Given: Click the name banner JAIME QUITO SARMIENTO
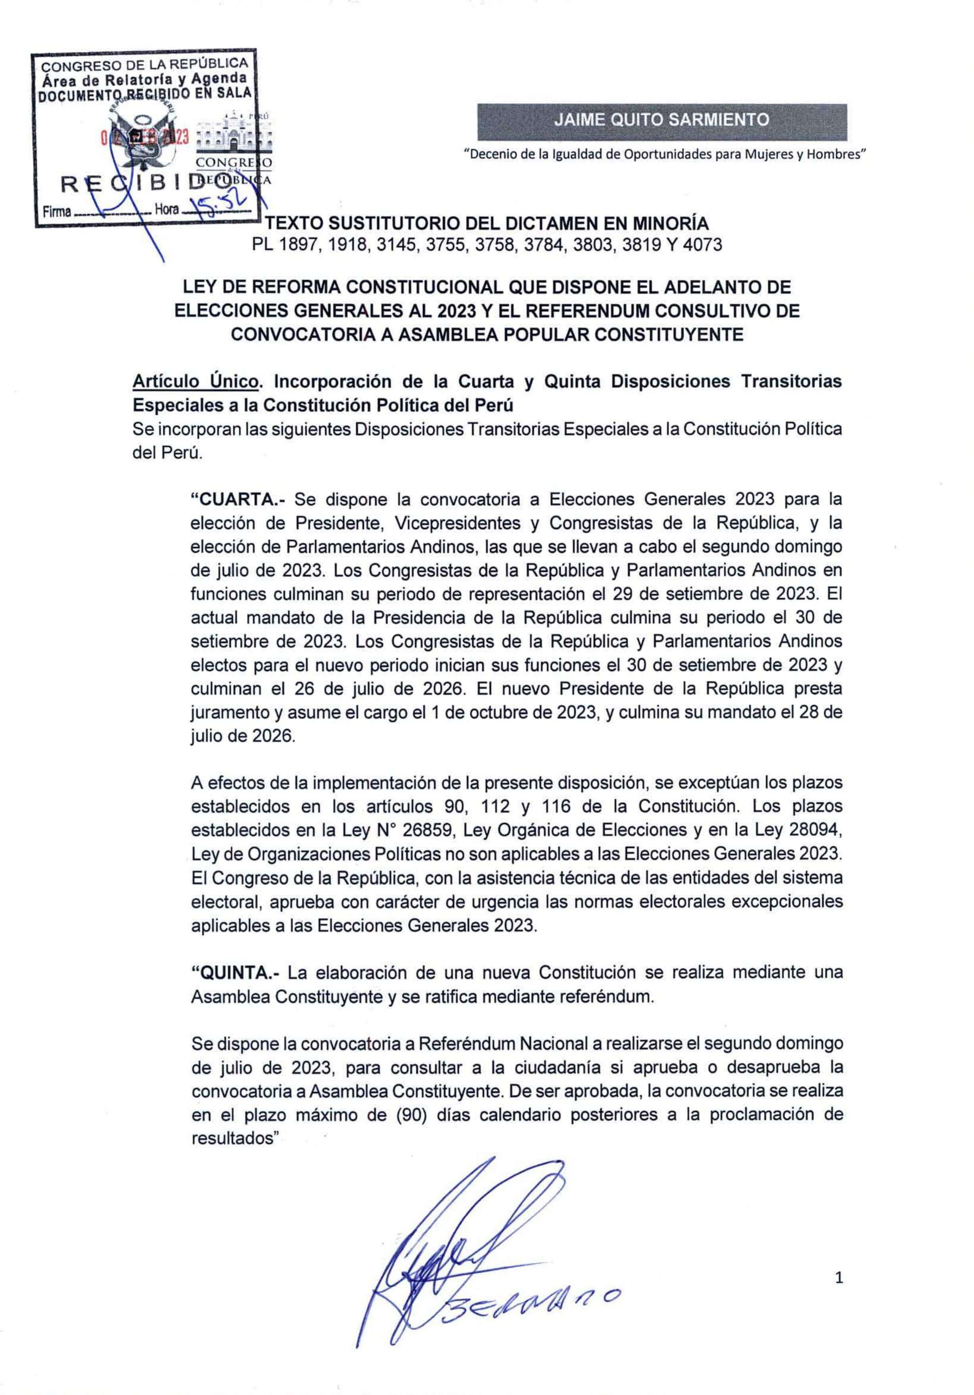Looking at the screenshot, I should coord(661,120).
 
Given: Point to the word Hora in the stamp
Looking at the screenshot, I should coord(167,210).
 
